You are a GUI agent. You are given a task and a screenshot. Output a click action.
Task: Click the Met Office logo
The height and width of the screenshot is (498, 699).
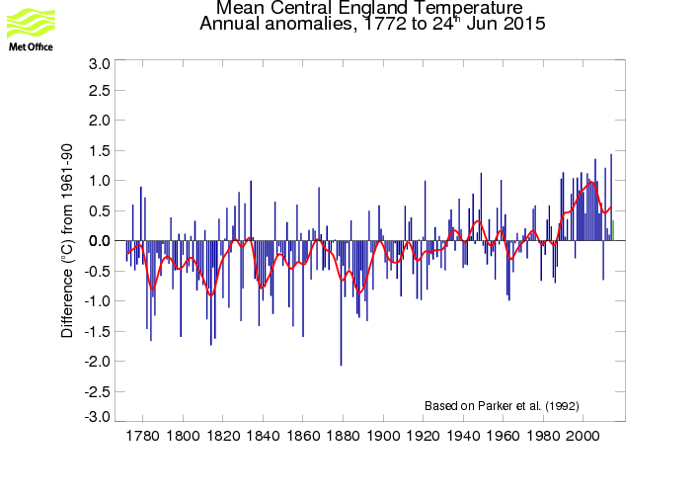[x=32, y=28]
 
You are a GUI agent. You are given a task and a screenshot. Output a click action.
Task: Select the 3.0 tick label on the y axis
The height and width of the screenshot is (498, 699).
[x=100, y=63]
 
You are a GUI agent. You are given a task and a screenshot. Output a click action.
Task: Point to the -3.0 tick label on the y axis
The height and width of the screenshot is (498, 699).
[x=98, y=418]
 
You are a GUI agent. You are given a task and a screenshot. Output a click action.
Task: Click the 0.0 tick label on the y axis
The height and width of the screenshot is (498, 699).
[x=100, y=241]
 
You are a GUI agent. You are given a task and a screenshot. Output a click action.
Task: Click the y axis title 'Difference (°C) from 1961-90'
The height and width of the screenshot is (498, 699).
[x=68, y=241]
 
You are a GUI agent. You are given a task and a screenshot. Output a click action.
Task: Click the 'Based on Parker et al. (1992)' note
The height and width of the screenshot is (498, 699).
[x=502, y=406]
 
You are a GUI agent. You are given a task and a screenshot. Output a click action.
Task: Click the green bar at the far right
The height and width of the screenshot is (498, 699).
[x=613, y=230]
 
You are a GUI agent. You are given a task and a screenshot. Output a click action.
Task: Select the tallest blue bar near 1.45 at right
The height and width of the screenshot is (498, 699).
[x=611, y=198]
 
